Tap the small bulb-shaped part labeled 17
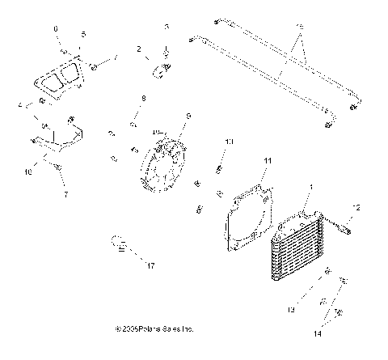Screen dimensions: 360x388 [118, 241]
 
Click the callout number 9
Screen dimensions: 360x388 [188, 116]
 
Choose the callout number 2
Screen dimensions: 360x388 [138, 50]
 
